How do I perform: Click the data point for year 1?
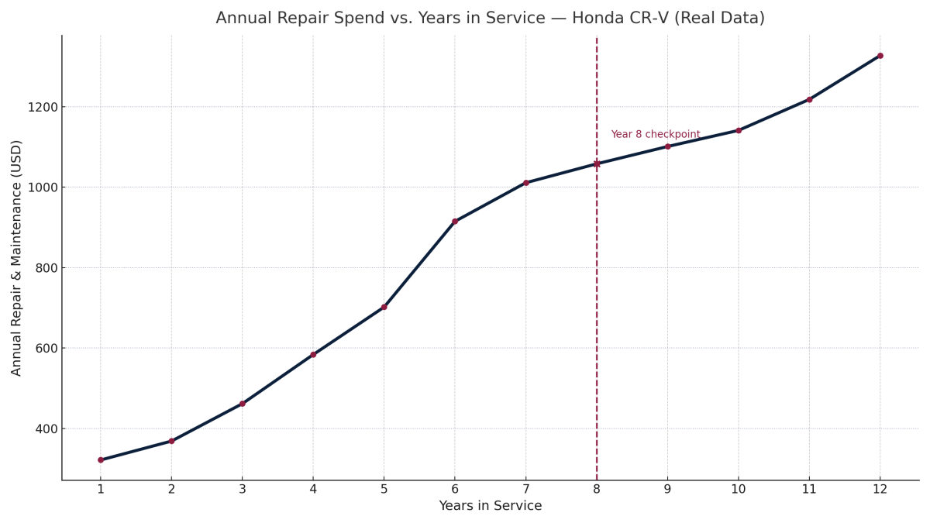pyautogui.click(x=101, y=460)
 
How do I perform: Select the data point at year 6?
pyautogui.click(x=455, y=222)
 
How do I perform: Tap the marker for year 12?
pyautogui.click(x=880, y=56)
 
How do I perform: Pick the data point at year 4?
pyautogui.click(x=313, y=355)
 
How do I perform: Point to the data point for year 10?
pyautogui.click(x=739, y=130)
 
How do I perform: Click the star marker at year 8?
pyautogui.click(x=597, y=163)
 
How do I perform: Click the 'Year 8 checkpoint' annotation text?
pyautogui.click(x=655, y=135)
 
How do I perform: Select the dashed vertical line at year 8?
pyautogui.click(x=597, y=310)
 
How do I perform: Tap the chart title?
pyautogui.click(x=490, y=18)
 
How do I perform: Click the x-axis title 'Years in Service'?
pyautogui.click(x=490, y=506)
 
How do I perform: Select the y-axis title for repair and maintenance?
pyautogui.click(x=17, y=258)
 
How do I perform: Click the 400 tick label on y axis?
pyautogui.click(x=43, y=428)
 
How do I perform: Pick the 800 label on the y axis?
pyautogui.click(x=43, y=268)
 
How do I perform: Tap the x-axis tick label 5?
pyautogui.click(x=384, y=489)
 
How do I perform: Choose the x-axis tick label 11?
pyautogui.click(x=809, y=489)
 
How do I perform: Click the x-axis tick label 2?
pyautogui.click(x=171, y=489)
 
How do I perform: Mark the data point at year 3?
pyautogui.click(x=243, y=404)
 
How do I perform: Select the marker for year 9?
pyautogui.click(x=667, y=146)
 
